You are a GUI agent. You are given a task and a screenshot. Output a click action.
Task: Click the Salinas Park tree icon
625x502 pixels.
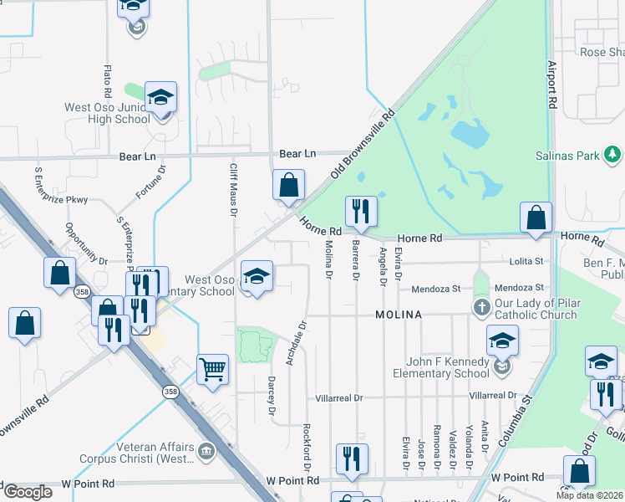pyautogui.click(x=613, y=155)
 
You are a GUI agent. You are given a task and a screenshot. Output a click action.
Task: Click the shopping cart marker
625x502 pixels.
pyautogui.click(x=213, y=368)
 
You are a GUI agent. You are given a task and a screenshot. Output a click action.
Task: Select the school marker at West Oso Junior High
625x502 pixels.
pyautogui.click(x=160, y=98)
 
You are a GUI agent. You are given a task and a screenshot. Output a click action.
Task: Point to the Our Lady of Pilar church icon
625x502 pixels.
pyautogui.click(x=481, y=308)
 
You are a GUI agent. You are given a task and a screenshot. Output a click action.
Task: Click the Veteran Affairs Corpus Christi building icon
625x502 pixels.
pyautogui.click(x=206, y=453)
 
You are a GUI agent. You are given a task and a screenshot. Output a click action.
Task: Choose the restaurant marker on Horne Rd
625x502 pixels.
pyautogui.click(x=361, y=213)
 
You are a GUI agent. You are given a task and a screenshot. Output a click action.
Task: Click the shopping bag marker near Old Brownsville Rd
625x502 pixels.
pyautogui.click(x=288, y=187)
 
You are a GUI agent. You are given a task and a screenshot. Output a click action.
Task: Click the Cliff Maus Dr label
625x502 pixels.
pyautogui.click(x=233, y=190)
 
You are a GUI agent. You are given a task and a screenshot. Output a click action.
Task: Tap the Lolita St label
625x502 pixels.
pyautogui.click(x=527, y=262)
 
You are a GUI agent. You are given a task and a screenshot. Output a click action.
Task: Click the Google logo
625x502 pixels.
pyautogui.click(x=28, y=492)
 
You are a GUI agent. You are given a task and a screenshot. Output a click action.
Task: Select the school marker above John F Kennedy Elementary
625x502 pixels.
pyautogui.click(x=502, y=341)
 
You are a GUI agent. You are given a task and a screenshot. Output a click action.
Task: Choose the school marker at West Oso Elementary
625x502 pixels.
pyautogui.click(x=257, y=276)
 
